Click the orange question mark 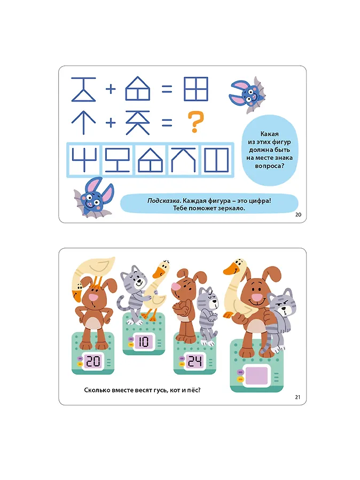pos(195,122)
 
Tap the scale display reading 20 pos(93,361)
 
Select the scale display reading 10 pos(143,342)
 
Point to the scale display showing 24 pos(194,361)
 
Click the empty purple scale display pos(256,375)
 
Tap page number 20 pos(298,215)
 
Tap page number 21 pos(298,397)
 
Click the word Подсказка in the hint pos(163,201)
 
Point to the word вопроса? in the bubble pos(269,166)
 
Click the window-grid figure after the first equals pos(196,89)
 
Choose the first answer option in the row pos(84,160)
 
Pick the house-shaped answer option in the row pos(150,160)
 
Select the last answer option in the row pos(216,160)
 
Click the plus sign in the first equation pos(111,89)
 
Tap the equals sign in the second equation pos(167,123)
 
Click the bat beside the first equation pos(247,94)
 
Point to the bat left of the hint pos(93,198)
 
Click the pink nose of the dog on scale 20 pos(93,297)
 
